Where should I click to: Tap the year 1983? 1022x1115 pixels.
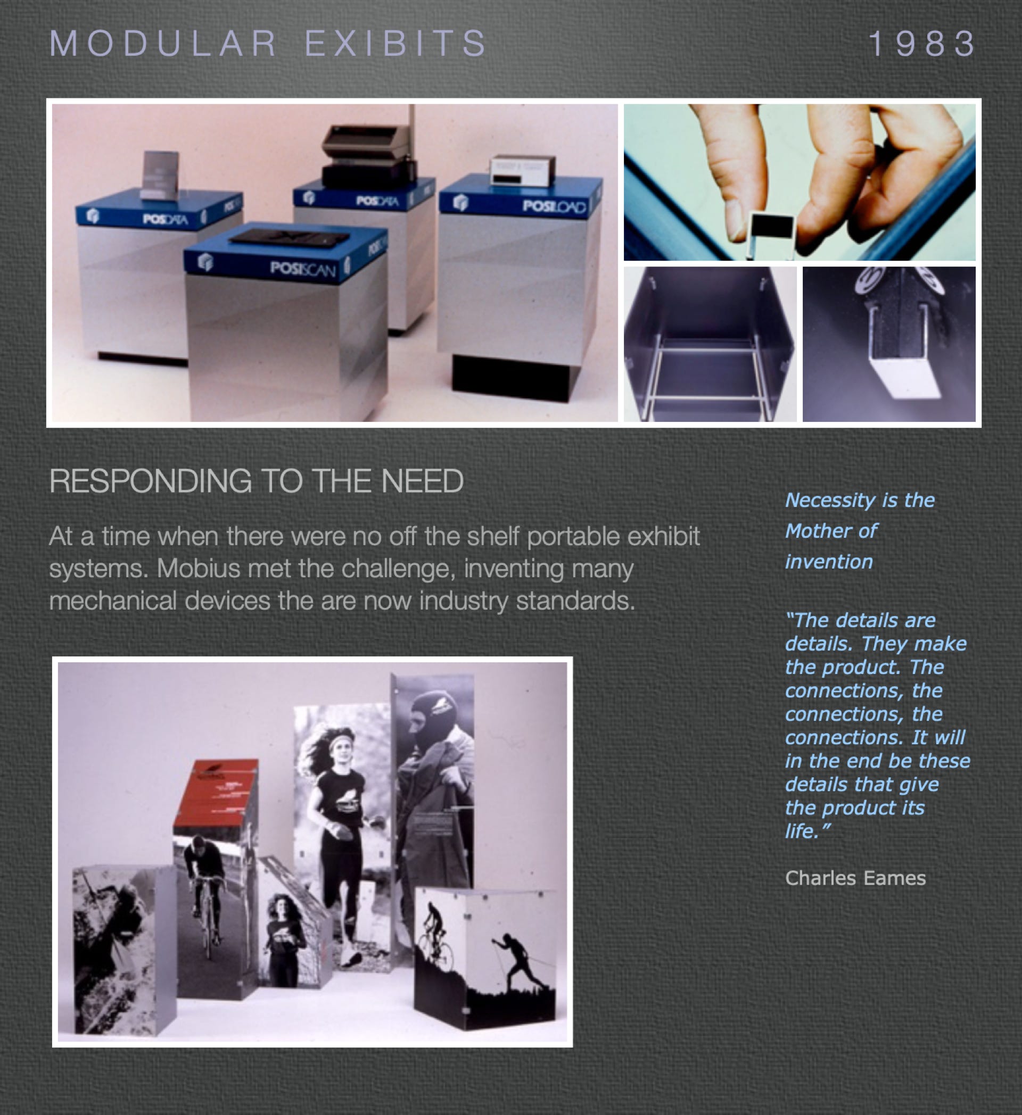coord(922,43)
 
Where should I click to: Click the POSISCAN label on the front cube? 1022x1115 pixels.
coord(303,269)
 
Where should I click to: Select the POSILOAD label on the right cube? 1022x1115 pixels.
coord(554,207)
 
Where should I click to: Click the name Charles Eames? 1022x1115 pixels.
coord(855,878)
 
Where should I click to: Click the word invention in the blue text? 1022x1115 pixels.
coord(829,562)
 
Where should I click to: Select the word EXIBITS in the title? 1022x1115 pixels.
coord(395,43)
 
